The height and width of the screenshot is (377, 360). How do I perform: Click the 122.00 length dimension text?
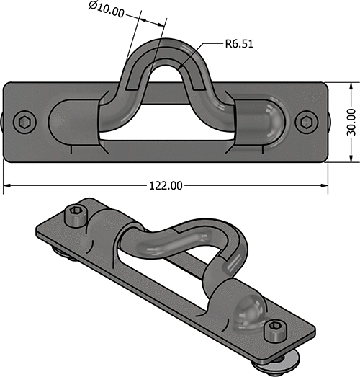click(166, 185)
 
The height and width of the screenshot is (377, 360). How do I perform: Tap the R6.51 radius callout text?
click(238, 44)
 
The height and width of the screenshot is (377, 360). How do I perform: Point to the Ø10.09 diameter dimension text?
click(106, 9)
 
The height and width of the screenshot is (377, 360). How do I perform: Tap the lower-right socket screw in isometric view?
click(274, 332)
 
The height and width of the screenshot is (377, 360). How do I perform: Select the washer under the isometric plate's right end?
click(289, 357)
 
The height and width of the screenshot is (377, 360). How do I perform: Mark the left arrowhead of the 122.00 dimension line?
click(6, 185)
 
